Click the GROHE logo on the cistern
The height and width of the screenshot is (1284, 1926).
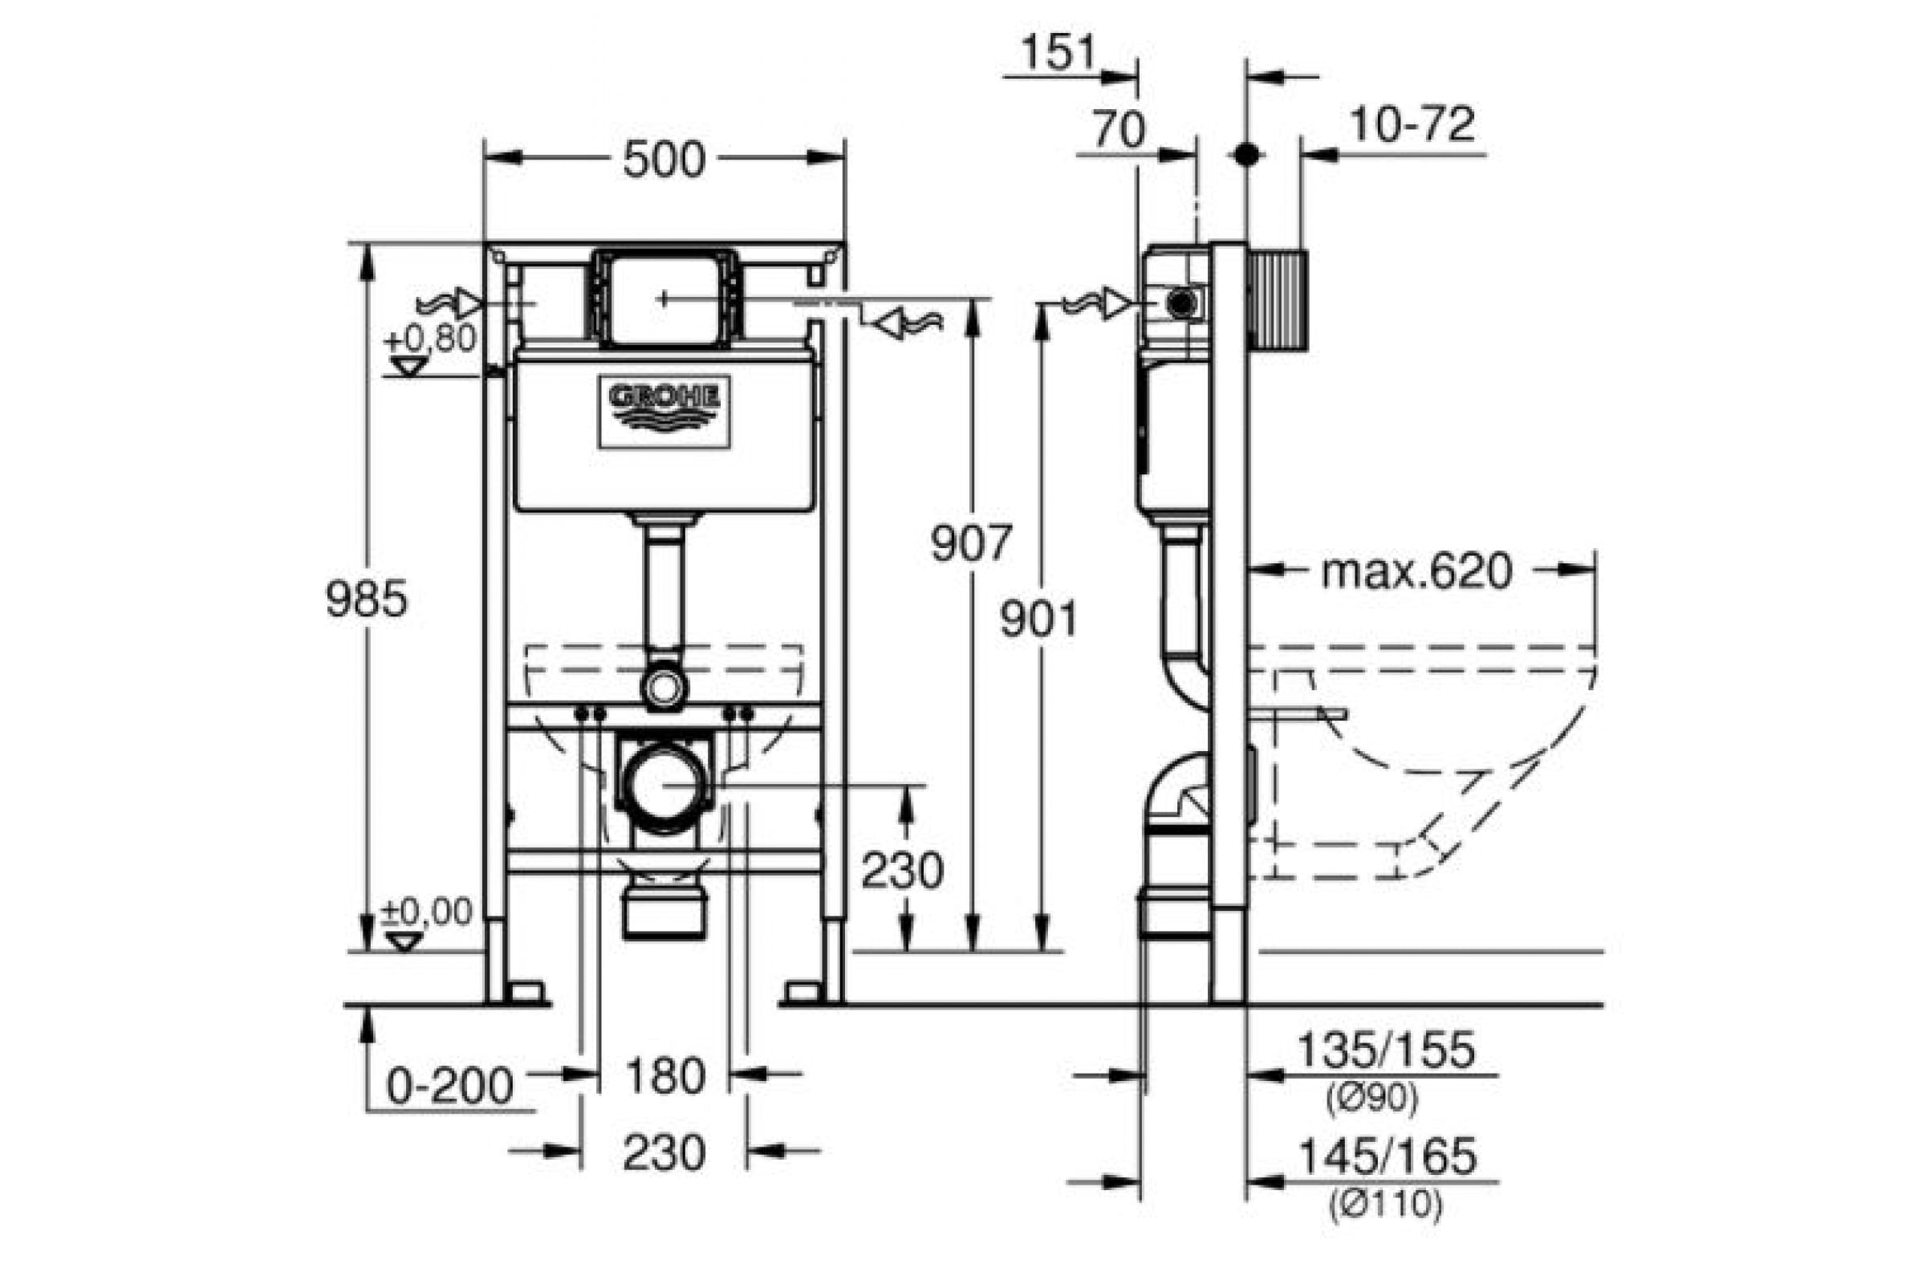pos(664,412)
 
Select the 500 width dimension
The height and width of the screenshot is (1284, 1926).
pos(664,160)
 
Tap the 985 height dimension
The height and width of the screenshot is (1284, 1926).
pos(366,599)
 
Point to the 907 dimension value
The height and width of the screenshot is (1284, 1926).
pos(971,543)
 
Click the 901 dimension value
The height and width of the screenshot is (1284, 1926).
pos(1038,620)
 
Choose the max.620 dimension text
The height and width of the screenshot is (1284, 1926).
pos(1416,571)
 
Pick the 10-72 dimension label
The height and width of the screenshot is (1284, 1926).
pos(1412,124)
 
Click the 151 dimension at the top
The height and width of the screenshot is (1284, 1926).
pos(1058,52)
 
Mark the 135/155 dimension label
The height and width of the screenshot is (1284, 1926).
pos(1388,1050)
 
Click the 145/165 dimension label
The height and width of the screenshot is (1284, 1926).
pos(1389,1156)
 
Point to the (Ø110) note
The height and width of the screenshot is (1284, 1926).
pos(1386,1204)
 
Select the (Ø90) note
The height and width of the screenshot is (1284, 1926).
pos(1371,1099)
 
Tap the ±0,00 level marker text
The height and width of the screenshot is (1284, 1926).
pos(428,912)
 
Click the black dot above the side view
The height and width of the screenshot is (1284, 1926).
pos(1246,154)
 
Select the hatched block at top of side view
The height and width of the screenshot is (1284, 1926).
pos(1278,302)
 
